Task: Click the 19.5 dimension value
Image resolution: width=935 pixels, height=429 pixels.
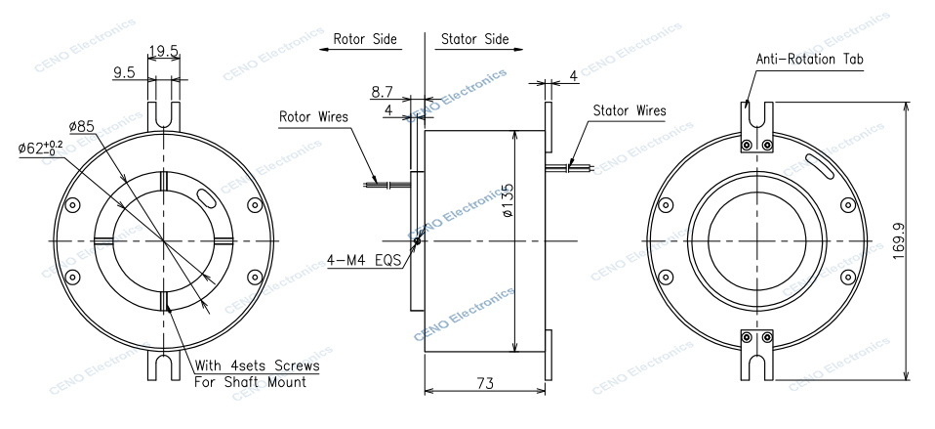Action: click(x=163, y=51)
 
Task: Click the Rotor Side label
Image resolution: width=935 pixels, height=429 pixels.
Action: click(x=365, y=40)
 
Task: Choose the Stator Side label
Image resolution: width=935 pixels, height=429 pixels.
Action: click(x=475, y=40)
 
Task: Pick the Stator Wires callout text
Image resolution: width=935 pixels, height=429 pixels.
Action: click(x=629, y=110)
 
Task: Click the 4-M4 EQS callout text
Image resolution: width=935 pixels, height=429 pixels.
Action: click(x=366, y=262)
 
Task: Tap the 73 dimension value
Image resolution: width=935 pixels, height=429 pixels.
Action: click(x=485, y=387)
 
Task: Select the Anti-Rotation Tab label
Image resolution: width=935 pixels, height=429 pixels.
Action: click(x=809, y=60)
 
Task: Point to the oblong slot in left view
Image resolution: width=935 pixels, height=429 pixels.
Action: click(x=209, y=199)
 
